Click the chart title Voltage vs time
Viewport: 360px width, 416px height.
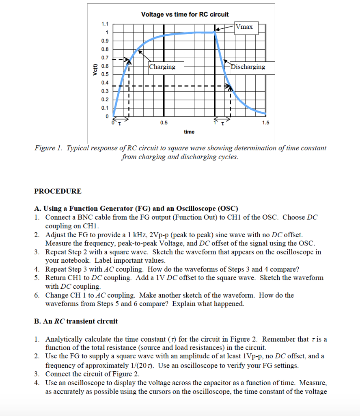coord(185,14)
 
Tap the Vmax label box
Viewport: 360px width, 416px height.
coord(244,27)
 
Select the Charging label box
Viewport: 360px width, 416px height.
coord(162,67)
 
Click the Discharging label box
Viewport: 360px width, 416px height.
coord(248,67)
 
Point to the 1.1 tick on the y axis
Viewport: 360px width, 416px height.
coord(104,24)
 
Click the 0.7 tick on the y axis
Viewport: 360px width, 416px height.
coord(104,58)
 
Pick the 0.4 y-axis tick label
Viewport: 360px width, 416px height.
coord(104,83)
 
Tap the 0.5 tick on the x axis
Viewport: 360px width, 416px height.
coord(164,123)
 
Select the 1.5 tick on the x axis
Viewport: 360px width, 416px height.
coord(265,123)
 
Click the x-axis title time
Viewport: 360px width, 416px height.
coord(189,132)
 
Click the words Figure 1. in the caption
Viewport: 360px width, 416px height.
coord(47,148)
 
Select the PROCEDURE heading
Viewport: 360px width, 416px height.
coord(58,191)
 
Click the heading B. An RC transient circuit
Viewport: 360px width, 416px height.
coord(76,321)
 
